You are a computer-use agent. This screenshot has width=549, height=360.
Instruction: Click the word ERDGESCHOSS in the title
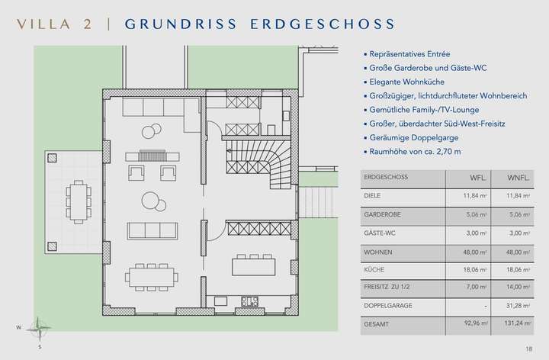[330, 23]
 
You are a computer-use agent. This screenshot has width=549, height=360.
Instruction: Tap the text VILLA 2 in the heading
[53, 23]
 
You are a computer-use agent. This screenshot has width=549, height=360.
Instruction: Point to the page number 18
[528, 349]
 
